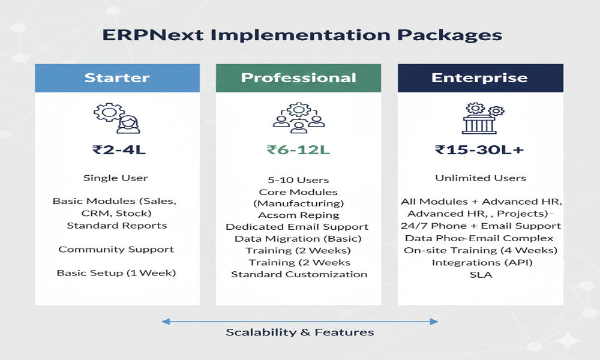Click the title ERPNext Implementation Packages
click(302, 34)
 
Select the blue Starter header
click(117, 77)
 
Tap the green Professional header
click(298, 77)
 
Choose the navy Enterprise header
click(480, 77)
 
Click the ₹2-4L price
click(119, 149)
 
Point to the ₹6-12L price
click(298, 149)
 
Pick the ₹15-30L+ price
click(480, 149)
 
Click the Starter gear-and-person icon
click(116, 118)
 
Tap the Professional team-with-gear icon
click(298, 118)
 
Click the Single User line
click(116, 178)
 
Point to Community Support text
click(116, 249)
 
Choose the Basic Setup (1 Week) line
click(116, 273)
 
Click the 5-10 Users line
click(298, 180)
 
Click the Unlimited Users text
click(481, 178)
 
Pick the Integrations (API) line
click(480, 262)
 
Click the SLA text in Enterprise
click(480, 274)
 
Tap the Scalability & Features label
click(300, 332)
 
